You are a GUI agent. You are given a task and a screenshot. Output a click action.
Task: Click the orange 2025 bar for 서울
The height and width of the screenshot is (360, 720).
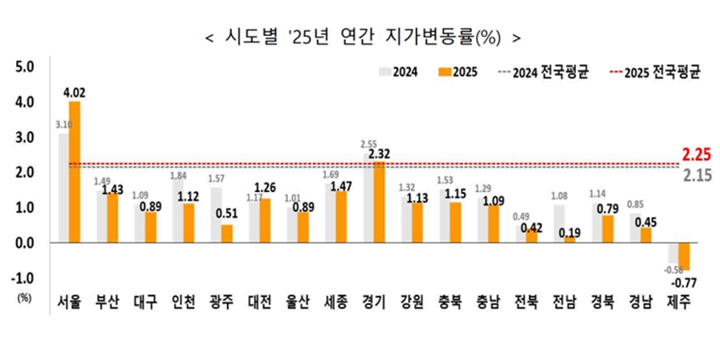pyautogui.click(x=74, y=171)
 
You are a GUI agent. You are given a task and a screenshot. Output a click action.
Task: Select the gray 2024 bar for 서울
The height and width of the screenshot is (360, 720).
pyautogui.click(x=63, y=187)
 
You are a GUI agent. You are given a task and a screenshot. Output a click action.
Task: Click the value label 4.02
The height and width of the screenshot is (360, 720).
pyautogui.click(x=74, y=92)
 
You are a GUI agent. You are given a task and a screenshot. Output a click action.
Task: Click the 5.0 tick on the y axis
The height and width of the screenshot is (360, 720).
pyautogui.click(x=24, y=67)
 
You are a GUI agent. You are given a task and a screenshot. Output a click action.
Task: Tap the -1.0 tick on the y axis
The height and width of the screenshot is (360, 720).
pyautogui.click(x=22, y=278)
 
